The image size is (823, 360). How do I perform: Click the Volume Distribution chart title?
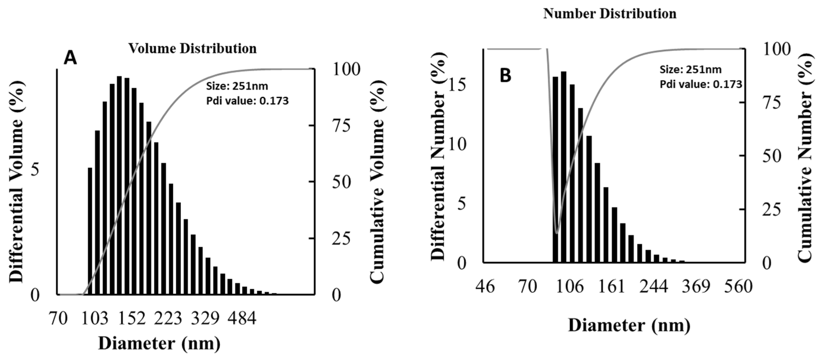pos(192,49)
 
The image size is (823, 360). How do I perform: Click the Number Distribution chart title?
pos(610,14)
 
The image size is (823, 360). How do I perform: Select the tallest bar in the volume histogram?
pos(119,185)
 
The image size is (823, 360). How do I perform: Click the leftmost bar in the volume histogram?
pos(90,231)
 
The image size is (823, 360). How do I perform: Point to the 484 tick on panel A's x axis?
pos(242,319)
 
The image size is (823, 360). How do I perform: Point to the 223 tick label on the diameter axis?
pos(168,319)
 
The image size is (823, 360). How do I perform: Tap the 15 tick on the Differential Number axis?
pos(459,86)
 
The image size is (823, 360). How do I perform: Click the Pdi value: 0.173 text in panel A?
pos(247,101)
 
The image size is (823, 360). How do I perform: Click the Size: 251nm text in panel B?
pos(686,69)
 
